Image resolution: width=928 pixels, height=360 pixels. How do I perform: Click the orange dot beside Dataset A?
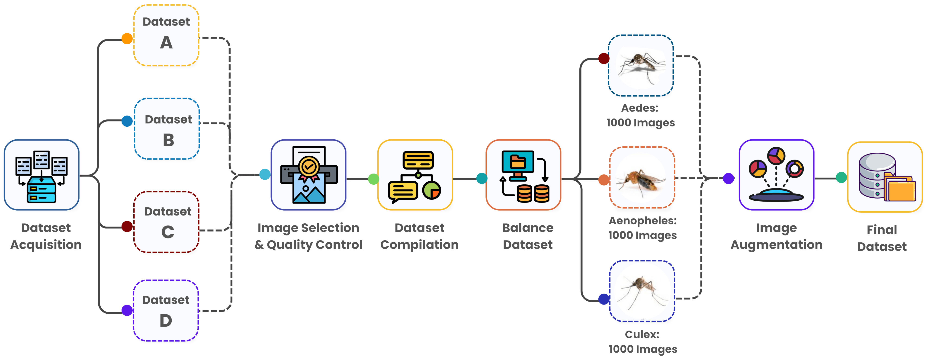pyautogui.click(x=127, y=38)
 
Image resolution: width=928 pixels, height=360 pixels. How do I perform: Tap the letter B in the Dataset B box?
pyautogui.click(x=168, y=140)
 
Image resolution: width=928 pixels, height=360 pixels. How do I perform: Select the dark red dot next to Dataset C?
pyautogui.click(x=127, y=226)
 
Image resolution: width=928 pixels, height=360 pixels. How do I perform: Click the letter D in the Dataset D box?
pyautogui.click(x=166, y=320)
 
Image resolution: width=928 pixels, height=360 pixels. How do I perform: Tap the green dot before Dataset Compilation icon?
pyautogui.click(x=374, y=179)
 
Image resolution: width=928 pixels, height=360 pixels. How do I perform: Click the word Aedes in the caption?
pyautogui.click(x=639, y=108)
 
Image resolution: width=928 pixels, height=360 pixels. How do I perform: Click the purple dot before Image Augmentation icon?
pyautogui.click(x=729, y=178)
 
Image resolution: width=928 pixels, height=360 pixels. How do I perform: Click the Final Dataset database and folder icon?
pyautogui.click(x=885, y=177)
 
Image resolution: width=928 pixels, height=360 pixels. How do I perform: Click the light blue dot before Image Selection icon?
pyautogui.click(x=265, y=174)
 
